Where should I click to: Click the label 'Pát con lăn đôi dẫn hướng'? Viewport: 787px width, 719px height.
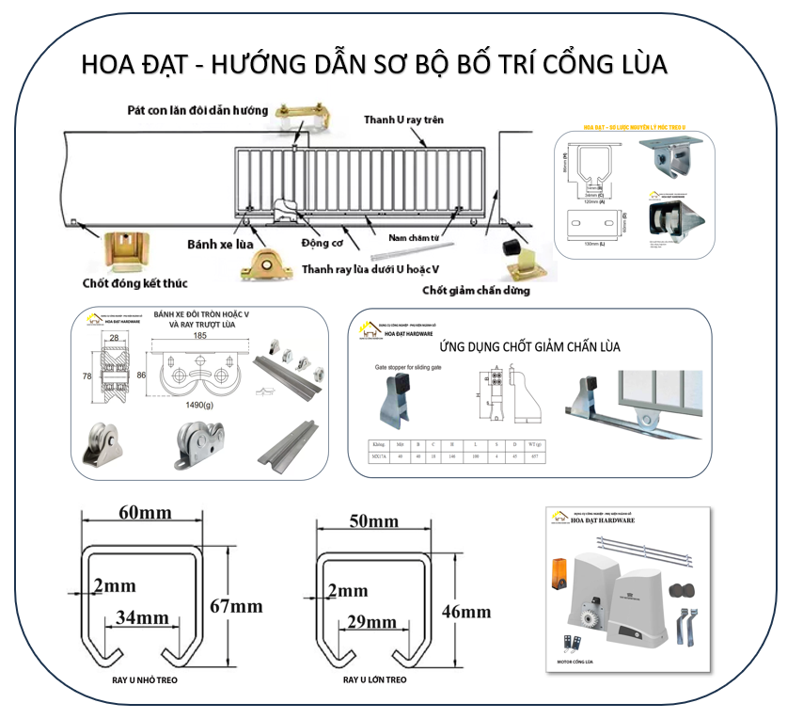197,110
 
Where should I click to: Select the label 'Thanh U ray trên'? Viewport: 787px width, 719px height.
403,120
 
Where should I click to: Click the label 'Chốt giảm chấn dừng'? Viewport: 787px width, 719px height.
476,290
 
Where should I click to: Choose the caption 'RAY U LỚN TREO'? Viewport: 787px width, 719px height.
374,679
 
